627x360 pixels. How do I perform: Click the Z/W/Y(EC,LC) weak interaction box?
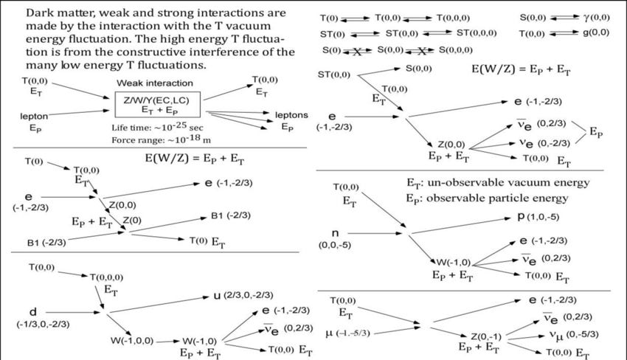pyautogui.click(x=158, y=105)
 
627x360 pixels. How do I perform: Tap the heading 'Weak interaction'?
pyautogui.click(x=155, y=83)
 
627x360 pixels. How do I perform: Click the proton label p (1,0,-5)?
pyautogui.click(x=538, y=217)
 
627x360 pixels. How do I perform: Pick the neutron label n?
pyautogui.click(x=335, y=233)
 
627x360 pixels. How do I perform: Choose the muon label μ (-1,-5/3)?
pyautogui.click(x=348, y=333)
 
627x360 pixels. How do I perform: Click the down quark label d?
pyautogui.click(x=32, y=312)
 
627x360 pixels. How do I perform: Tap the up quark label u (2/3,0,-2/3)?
pyautogui.click(x=243, y=296)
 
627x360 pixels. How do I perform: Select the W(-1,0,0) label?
pyautogui.click(x=132, y=341)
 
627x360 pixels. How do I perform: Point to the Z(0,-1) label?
pyautogui.click(x=486, y=336)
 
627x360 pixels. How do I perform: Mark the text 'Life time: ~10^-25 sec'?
pyautogui.click(x=157, y=127)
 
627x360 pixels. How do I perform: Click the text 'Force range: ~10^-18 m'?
pyautogui.click(x=161, y=139)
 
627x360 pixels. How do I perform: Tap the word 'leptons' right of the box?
pyautogui.click(x=291, y=115)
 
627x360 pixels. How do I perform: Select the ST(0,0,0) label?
pyautogui.click(x=477, y=32)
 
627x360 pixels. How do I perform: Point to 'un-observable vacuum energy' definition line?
pyautogui.click(x=498, y=183)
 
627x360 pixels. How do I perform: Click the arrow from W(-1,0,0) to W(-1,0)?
pyautogui.click(x=167, y=342)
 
